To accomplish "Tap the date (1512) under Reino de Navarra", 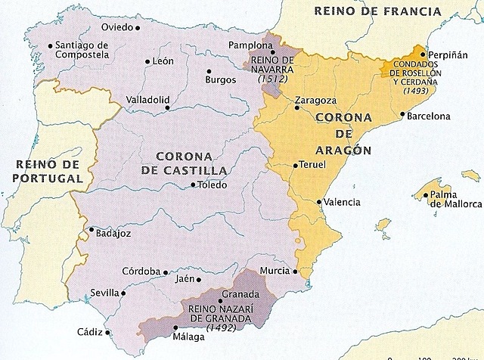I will [271, 79].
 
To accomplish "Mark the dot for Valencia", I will [318, 202].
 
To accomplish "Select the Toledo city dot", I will [193, 185].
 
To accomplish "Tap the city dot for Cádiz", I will [107, 331].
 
